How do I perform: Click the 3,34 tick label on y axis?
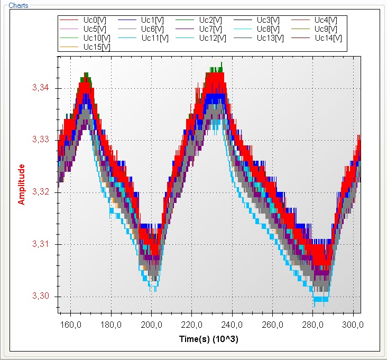[x=41, y=88]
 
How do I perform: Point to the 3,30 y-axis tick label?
[x=41, y=296]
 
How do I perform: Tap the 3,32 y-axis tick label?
[x=41, y=192]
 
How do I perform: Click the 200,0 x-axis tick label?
[x=151, y=325]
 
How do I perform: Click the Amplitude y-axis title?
[x=22, y=184]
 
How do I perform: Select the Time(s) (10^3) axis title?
[x=210, y=338]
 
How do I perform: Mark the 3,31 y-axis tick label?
[x=41, y=244]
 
